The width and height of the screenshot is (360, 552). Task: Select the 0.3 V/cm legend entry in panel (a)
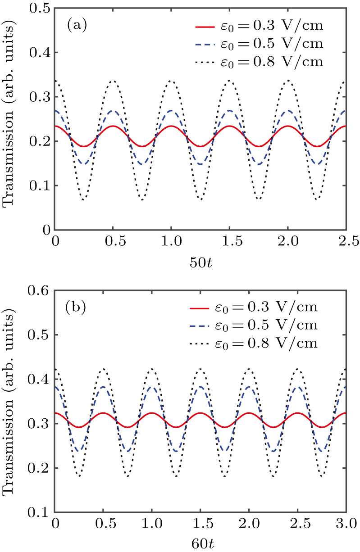[x=259, y=27]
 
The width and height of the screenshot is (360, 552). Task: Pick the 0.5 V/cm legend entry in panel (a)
[x=259, y=45]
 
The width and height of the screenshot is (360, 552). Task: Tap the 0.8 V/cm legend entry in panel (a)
[x=259, y=62]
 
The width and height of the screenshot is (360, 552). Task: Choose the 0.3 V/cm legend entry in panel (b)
[x=255, y=308]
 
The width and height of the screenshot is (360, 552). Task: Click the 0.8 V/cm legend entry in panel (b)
[x=255, y=344]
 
